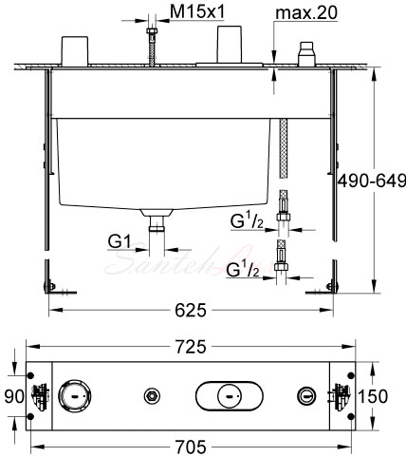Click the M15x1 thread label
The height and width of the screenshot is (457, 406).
[197, 12]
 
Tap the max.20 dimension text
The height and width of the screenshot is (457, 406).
[306, 13]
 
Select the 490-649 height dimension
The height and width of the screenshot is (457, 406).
[372, 181]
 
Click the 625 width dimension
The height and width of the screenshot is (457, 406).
[191, 310]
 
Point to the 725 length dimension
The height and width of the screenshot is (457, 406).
[191, 347]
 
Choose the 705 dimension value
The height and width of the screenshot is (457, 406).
[191, 447]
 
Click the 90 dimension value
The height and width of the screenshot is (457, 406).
[14, 396]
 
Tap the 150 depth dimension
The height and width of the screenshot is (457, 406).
[373, 396]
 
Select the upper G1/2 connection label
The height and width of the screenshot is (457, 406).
[247, 220]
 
